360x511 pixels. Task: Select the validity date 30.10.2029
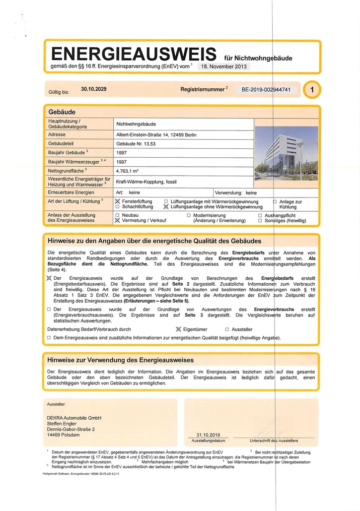[x=94, y=89]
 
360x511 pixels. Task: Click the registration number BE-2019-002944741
[x=268, y=90]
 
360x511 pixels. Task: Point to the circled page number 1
[x=312, y=90]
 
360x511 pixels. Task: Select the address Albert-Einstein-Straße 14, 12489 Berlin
[x=156, y=135]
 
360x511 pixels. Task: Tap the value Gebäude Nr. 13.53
[x=136, y=144]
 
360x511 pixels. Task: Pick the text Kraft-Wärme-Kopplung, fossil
[x=147, y=182]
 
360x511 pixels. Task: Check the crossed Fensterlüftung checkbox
[x=118, y=201]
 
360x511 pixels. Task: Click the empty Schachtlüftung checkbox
[x=118, y=207]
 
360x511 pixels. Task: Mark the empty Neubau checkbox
[x=118, y=215]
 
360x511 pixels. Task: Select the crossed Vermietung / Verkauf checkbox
[x=118, y=221]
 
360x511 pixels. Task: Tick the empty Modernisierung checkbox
[x=189, y=215]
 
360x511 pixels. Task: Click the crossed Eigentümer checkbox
[x=179, y=329]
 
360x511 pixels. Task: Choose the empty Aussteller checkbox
[x=227, y=329]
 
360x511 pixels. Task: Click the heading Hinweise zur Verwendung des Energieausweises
[x=120, y=360]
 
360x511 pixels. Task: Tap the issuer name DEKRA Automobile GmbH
[x=74, y=418]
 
